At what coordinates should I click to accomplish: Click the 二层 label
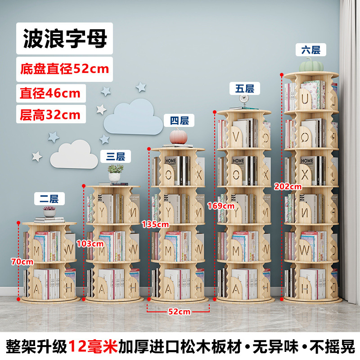pyautogui.click(x=49, y=199)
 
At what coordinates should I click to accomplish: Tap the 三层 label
pyautogui.click(x=116, y=157)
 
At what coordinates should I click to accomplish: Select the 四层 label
pyautogui.click(x=179, y=121)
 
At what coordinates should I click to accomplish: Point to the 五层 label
pyautogui.click(x=245, y=89)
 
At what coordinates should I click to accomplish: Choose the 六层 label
pyautogui.click(x=310, y=50)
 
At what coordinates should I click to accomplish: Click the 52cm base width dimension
pyautogui.click(x=179, y=311)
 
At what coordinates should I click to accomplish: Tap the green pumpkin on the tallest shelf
pyautogui.click(x=311, y=64)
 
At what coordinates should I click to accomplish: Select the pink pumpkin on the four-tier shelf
pyautogui.click(x=178, y=137)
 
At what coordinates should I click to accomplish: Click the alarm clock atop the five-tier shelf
pyautogui.click(x=244, y=100)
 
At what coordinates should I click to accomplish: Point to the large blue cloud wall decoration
pyautogui.click(x=134, y=117)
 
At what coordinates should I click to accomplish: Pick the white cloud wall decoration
pyautogui.click(x=74, y=154)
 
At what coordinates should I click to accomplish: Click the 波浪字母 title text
pyautogui.click(x=65, y=38)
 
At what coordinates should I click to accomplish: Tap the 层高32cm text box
pyautogui.click(x=51, y=114)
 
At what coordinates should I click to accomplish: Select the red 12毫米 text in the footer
pyautogui.click(x=93, y=346)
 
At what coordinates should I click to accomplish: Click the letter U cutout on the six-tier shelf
pyautogui.click(x=305, y=99)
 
